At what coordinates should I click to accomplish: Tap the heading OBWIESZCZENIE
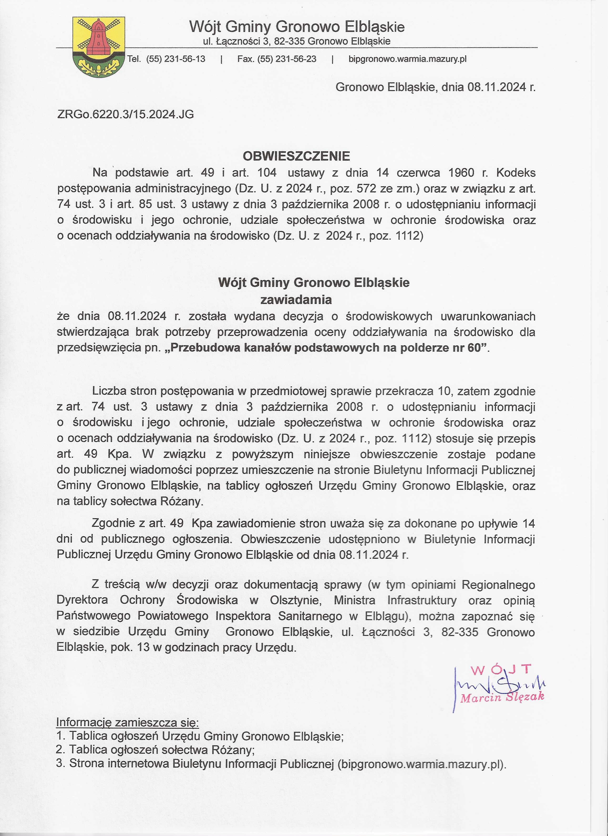(x=296, y=156)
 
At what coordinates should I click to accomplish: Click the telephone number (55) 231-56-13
(x=175, y=59)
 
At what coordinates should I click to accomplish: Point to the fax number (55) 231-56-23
(x=287, y=59)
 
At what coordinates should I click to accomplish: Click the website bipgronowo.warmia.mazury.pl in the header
(x=407, y=59)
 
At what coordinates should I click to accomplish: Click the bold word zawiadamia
(x=296, y=300)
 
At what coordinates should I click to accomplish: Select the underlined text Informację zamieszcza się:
(x=128, y=723)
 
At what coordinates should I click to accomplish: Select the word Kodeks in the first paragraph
(x=516, y=173)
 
